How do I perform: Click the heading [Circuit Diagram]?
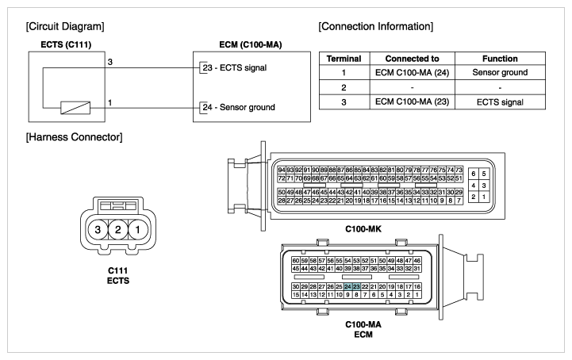[65, 27]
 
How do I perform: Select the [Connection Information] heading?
[376, 27]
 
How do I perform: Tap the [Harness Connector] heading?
[74, 137]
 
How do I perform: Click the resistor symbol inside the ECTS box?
[75, 108]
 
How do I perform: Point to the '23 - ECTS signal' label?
[235, 68]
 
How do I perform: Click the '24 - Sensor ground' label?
[239, 107]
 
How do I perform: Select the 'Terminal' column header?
[344, 59]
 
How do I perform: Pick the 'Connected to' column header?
[413, 59]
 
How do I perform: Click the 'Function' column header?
[500, 59]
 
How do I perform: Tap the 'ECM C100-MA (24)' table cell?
[413, 73]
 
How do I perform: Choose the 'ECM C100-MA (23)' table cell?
[413, 101]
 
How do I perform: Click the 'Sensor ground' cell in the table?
[500, 73]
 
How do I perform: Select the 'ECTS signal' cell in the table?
[500, 102]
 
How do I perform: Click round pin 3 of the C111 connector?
[98, 230]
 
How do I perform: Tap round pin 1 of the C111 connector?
[137, 230]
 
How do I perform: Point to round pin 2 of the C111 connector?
[117, 230]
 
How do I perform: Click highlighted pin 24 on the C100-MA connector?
[347, 287]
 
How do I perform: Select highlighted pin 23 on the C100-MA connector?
[356, 287]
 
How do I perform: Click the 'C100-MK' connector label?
[363, 229]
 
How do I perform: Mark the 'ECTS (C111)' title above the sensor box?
[66, 45]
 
